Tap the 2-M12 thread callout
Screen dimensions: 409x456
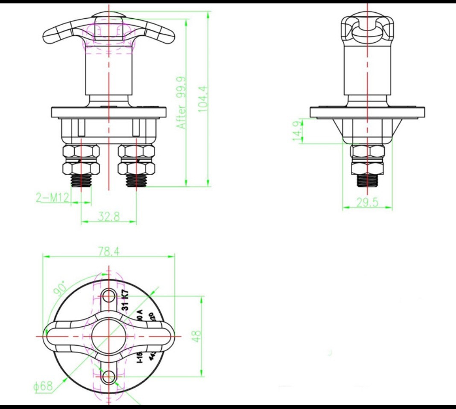click(x=52, y=198)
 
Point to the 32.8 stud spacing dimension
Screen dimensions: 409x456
click(x=108, y=216)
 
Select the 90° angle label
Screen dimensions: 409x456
click(x=60, y=288)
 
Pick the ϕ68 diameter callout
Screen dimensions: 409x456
click(x=43, y=386)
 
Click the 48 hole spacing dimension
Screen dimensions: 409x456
click(x=196, y=337)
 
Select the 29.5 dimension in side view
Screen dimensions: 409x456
click(x=368, y=202)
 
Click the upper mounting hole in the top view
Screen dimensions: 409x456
click(x=109, y=296)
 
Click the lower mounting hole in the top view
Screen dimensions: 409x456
click(x=109, y=376)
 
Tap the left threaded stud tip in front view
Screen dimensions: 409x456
click(x=81, y=181)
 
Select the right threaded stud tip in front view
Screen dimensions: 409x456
click(x=137, y=181)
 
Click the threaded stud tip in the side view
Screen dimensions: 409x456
click(x=368, y=181)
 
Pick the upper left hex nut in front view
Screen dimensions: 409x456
click(x=81, y=151)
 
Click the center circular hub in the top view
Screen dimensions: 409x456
click(x=109, y=336)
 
